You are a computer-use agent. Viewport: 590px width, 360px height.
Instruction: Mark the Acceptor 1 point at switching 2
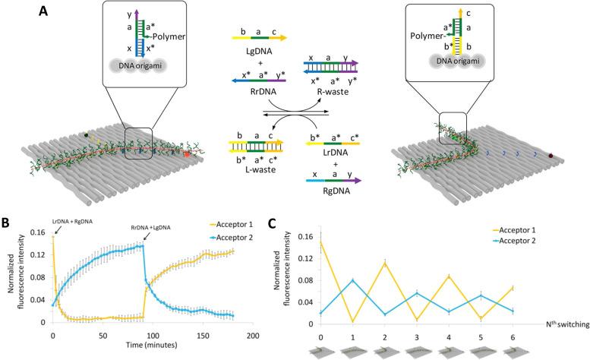click(x=386, y=263)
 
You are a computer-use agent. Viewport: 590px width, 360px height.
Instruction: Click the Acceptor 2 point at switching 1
click(x=354, y=280)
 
